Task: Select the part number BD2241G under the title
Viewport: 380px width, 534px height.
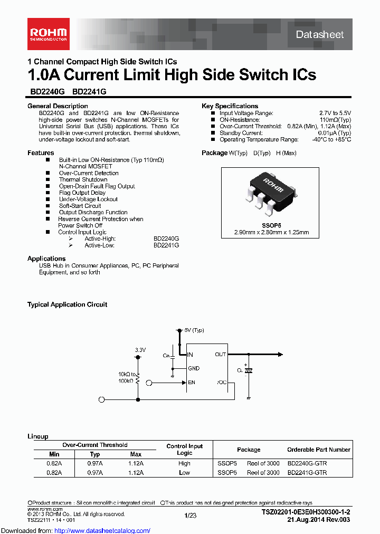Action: click(x=89, y=91)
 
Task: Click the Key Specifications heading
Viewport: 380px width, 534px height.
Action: click(x=230, y=106)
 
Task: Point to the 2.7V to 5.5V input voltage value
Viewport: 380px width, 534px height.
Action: click(x=335, y=113)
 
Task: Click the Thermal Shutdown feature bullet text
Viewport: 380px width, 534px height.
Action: click(x=83, y=179)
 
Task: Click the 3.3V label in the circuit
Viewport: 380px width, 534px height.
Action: click(x=140, y=350)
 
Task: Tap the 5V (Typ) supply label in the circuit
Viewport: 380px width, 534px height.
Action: click(x=194, y=330)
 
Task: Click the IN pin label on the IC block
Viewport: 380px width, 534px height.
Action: click(x=191, y=355)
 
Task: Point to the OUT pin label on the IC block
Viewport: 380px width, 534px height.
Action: click(x=221, y=355)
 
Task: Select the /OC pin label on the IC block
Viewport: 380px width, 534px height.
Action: click(x=221, y=382)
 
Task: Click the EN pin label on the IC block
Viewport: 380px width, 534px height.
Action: click(x=192, y=382)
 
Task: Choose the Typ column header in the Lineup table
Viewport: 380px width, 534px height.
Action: click(x=95, y=454)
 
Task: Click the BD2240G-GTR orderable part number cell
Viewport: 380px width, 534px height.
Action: click(x=307, y=463)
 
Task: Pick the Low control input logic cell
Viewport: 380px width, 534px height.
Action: click(x=184, y=473)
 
